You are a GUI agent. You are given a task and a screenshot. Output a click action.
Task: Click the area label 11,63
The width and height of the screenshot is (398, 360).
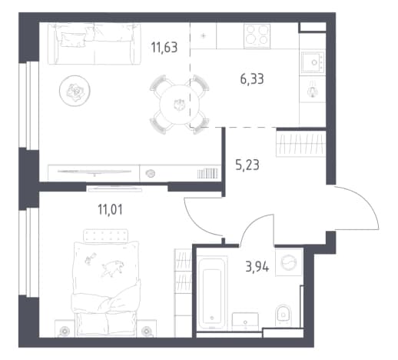tap(164, 48)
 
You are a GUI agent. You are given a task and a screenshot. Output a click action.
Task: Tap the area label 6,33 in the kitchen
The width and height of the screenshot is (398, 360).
tap(252, 78)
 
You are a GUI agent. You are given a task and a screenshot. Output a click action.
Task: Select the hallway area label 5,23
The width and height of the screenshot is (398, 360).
tap(247, 165)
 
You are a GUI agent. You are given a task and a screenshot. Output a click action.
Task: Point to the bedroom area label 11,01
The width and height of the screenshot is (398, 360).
tap(110, 209)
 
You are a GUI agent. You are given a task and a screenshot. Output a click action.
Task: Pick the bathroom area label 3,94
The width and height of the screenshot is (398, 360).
tap(257, 267)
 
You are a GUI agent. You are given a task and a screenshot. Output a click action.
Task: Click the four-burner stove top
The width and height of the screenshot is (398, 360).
tap(257, 36)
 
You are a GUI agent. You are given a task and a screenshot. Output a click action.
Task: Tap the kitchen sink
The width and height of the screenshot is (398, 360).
tap(313, 62)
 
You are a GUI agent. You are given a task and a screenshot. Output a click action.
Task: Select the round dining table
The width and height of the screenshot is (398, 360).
tap(179, 105)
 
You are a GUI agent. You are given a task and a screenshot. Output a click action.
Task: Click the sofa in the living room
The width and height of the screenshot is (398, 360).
tap(95, 44)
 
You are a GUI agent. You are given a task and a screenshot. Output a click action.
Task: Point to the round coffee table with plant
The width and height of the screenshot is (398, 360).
tap(75, 91)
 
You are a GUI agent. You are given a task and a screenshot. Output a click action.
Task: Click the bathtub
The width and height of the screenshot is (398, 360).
tap(212, 293)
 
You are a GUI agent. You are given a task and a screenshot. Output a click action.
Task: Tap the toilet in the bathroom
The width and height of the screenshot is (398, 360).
tap(283, 315)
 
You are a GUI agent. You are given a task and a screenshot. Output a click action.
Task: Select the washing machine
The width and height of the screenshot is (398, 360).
tap(289, 262)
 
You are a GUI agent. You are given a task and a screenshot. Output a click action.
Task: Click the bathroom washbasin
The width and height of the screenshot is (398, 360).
tap(245, 322)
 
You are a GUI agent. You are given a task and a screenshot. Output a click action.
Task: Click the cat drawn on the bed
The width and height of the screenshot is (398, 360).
tap(113, 268)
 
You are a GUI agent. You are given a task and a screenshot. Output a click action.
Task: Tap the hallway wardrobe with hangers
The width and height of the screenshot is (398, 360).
tap(300, 143)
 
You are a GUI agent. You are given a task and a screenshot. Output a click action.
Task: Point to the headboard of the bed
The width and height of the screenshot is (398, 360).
tap(106, 236)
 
